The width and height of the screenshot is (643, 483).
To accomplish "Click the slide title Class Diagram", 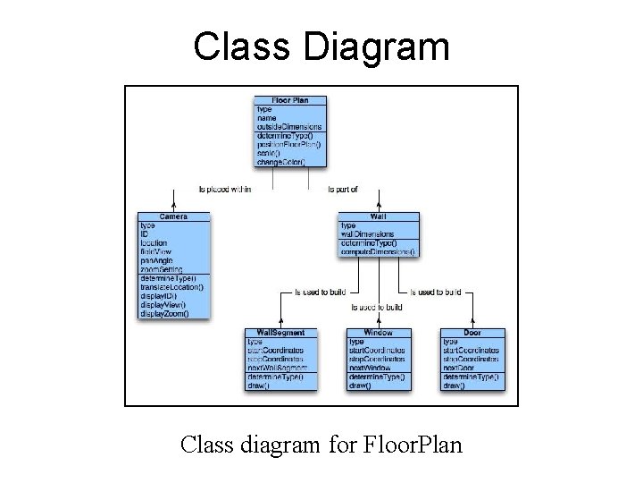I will (321, 47).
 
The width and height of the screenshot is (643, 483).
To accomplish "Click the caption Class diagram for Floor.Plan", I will (321, 443).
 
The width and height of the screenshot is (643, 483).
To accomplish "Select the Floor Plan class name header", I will (290, 100).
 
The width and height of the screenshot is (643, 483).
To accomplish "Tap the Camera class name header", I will (173, 216).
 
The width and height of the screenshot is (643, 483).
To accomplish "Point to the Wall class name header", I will (377, 216).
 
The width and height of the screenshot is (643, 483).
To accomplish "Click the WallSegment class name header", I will (280, 333).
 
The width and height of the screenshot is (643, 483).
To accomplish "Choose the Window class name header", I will (378, 333).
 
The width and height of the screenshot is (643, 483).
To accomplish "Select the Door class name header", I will (472, 333).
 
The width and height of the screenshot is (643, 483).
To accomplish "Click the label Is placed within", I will (224, 189).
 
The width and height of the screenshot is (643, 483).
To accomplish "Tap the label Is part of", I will (343, 189).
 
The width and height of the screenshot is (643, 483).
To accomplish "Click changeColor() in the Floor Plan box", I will (280, 162).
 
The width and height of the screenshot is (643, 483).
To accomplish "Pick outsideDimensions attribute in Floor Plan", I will (288, 127).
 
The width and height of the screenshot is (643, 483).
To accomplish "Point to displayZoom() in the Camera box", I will (164, 314).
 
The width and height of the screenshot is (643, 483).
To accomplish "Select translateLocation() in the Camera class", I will (172, 287).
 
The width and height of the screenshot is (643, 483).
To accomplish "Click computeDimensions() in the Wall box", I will (379, 252).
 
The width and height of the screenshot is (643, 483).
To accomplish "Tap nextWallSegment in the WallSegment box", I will (278, 368).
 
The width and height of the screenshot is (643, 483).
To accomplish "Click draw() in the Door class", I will (454, 386).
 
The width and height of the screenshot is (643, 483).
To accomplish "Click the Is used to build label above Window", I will (378, 308).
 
